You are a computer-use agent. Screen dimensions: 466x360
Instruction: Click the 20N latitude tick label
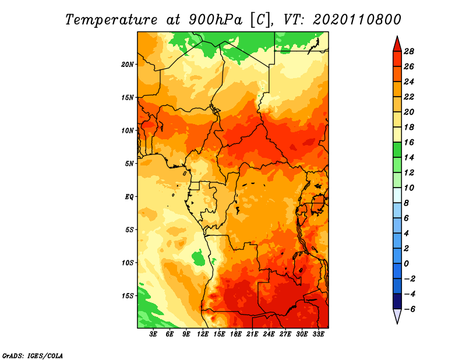[127, 65]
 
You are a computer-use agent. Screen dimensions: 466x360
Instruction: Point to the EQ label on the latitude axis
[129, 197]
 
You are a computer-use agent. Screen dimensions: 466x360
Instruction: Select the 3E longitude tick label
[153, 334]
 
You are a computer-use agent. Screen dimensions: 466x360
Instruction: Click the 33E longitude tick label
[318, 334]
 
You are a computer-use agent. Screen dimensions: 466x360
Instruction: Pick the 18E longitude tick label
[236, 334]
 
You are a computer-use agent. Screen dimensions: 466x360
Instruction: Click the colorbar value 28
[409, 51]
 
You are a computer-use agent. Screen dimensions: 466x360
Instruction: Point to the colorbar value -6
[409, 309]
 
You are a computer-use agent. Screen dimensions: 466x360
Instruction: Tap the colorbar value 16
[409, 142]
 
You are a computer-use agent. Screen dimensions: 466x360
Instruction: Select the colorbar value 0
[406, 264]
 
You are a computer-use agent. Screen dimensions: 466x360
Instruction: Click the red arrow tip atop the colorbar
[397, 37]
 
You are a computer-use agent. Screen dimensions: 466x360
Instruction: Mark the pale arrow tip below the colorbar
[397, 323]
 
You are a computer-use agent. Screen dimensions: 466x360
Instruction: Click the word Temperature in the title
[111, 20]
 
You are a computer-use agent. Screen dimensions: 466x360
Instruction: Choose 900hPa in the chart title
[215, 20]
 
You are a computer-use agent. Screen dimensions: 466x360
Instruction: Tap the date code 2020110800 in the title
[356, 20]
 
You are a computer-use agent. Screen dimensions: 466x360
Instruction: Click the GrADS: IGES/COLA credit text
[33, 355]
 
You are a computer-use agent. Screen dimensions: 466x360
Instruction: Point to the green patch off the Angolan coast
[198, 257]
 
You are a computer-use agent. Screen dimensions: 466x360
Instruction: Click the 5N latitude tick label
[129, 164]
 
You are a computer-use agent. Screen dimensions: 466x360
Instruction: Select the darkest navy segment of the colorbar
[397, 301]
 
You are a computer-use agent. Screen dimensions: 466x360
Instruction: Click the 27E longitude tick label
[285, 334]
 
